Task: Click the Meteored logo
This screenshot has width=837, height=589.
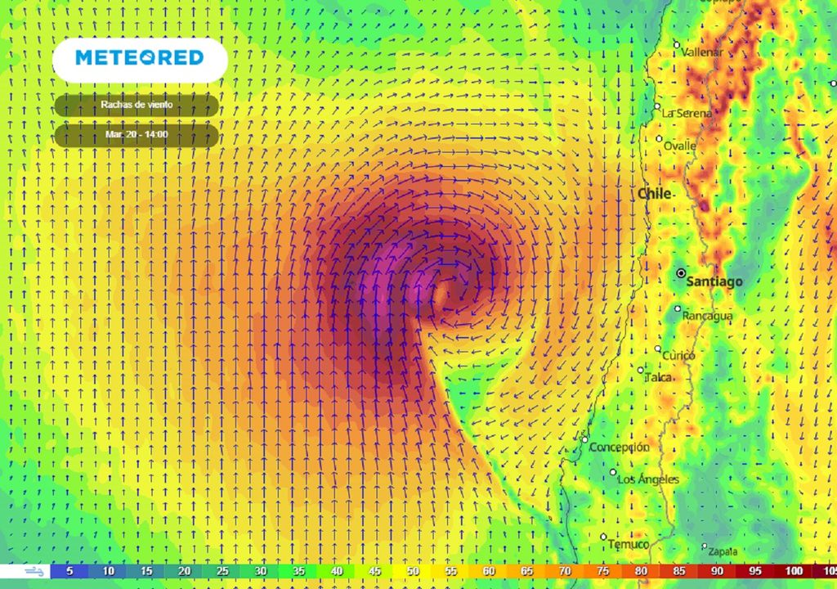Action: [140, 58]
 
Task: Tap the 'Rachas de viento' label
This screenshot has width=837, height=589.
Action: [137, 105]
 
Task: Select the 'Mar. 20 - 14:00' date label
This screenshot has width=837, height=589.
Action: [137, 134]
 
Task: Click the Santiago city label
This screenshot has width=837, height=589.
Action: [715, 281]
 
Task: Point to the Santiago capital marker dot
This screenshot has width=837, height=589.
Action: [681, 274]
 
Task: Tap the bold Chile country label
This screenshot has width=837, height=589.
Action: [655, 194]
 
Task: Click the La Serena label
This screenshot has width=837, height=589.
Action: [687, 113]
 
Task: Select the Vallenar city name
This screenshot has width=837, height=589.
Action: [702, 52]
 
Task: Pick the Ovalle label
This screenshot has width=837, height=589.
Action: [680, 146]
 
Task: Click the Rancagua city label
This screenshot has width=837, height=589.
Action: [708, 316]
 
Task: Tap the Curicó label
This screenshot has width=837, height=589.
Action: [678, 356]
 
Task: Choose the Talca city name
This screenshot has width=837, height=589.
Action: [658, 377]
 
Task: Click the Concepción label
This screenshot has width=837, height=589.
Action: [620, 447]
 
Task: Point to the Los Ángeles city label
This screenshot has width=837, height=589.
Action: [648, 479]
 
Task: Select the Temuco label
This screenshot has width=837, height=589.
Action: [629, 544]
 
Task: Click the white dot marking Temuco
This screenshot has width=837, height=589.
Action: [603, 537]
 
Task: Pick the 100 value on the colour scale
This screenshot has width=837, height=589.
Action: [794, 571]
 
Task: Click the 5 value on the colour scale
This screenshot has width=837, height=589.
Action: [69, 571]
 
